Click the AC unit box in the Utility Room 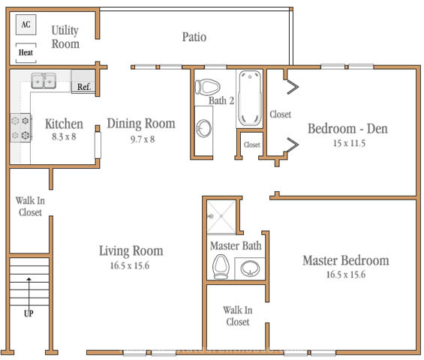pos(26,25)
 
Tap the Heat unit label pos(26,52)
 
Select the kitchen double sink pos(44,80)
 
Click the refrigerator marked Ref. pos(83,81)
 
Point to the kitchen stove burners pos(20,127)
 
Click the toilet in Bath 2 pos(207,87)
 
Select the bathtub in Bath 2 pos(250,98)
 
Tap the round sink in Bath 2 pos(203,128)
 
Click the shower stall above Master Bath pos(221,217)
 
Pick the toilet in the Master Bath pos(221,267)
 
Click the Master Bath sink pos(250,268)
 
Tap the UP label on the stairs pos(29,313)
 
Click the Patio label pos(194,37)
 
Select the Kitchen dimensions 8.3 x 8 pos(64,136)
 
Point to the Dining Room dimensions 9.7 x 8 pos(143,139)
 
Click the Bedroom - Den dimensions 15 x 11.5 pos(349,143)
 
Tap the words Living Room pos(131,250)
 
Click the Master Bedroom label pos(346,260)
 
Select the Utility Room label pos(65,37)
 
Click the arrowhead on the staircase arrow pos(29,279)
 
